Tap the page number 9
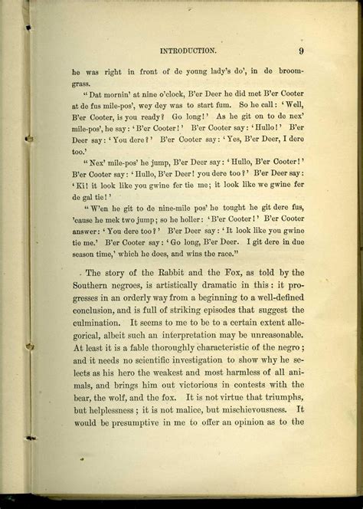tap(302, 51)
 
